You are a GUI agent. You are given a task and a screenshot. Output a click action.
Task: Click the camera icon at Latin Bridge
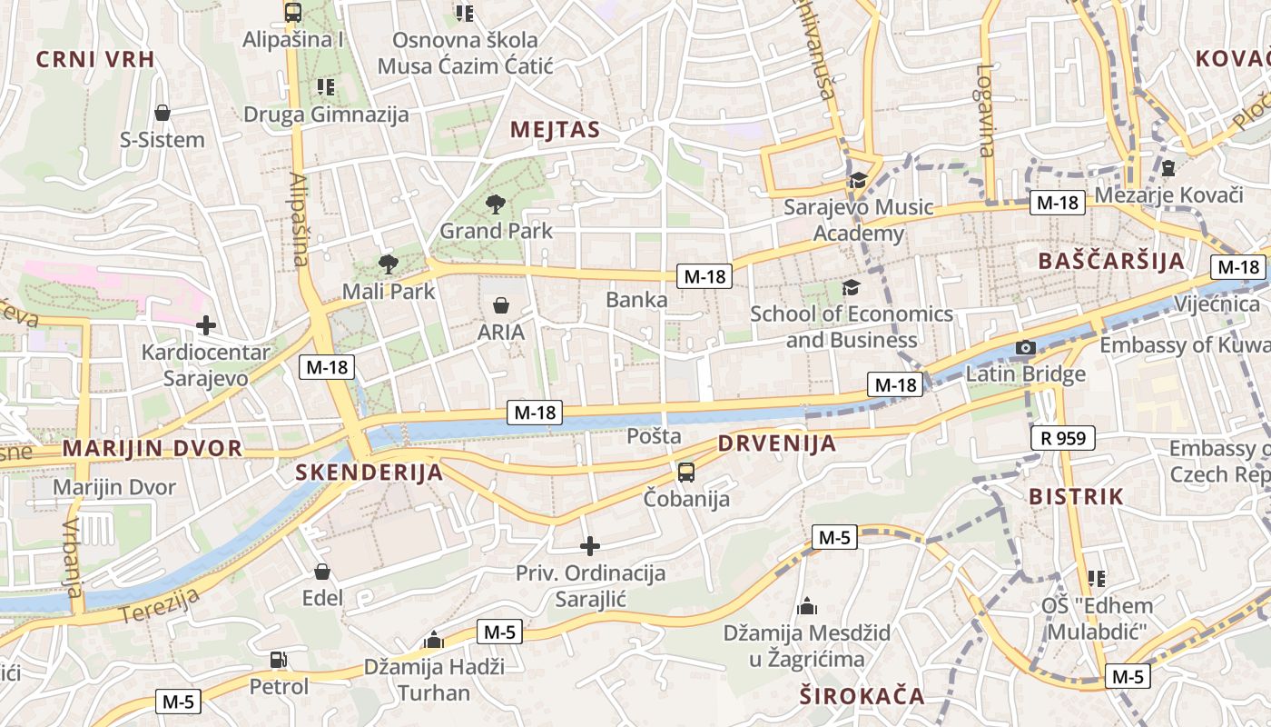click(x=1026, y=348)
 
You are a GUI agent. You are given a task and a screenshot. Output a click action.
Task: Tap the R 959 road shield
click(x=1063, y=438)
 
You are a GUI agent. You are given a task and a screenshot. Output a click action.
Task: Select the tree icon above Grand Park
click(x=496, y=204)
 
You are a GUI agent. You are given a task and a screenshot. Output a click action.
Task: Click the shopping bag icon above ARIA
click(x=500, y=305)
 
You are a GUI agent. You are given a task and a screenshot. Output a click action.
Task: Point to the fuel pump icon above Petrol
click(x=279, y=660)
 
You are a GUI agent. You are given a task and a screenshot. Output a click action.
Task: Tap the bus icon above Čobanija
click(x=686, y=473)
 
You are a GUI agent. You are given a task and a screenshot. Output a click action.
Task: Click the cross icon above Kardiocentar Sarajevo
click(x=206, y=324)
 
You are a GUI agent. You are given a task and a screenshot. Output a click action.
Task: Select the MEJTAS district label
click(x=555, y=130)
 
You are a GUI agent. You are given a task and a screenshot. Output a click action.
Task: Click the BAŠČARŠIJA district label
click(x=1111, y=262)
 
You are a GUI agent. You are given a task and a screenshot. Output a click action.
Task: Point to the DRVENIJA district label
click(x=776, y=444)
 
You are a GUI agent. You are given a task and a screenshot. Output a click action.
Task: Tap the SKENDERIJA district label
click(x=369, y=473)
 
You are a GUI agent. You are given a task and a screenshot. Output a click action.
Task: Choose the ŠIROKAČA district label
click(x=862, y=697)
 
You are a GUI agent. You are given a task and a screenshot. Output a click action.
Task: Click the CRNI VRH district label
click(x=95, y=60)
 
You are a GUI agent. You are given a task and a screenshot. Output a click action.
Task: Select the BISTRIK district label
click(x=1076, y=497)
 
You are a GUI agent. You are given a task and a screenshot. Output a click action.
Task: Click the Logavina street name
click(x=987, y=110)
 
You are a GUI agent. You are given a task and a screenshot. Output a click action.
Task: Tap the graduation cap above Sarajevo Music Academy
click(x=858, y=180)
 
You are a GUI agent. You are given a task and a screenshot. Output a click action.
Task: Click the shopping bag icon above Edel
click(x=322, y=572)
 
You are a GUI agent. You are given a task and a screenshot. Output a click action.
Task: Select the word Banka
click(x=636, y=300)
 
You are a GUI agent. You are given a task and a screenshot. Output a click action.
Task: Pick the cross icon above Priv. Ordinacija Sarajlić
click(x=590, y=546)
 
